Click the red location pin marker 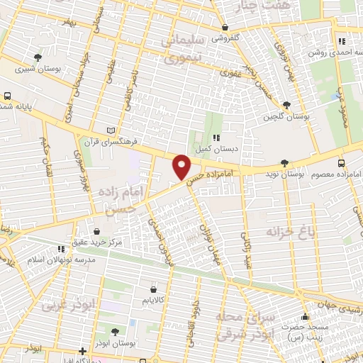click(182, 167)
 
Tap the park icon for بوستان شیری click(38, 57)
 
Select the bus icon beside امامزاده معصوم click(342, 162)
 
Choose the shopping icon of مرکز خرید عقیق click(97, 230)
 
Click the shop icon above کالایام click(154, 289)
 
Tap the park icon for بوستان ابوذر click(116, 331)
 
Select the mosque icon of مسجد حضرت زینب click(306, 317)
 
